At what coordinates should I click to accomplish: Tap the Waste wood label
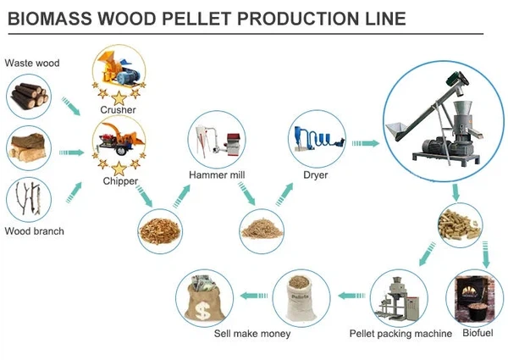(x=31, y=63)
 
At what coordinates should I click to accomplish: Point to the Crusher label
(x=118, y=109)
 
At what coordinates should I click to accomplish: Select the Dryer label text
(x=315, y=175)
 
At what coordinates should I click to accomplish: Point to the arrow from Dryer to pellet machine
(x=366, y=143)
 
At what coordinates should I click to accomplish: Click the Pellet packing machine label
(x=400, y=333)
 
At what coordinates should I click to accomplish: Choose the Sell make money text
(x=252, y=333)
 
